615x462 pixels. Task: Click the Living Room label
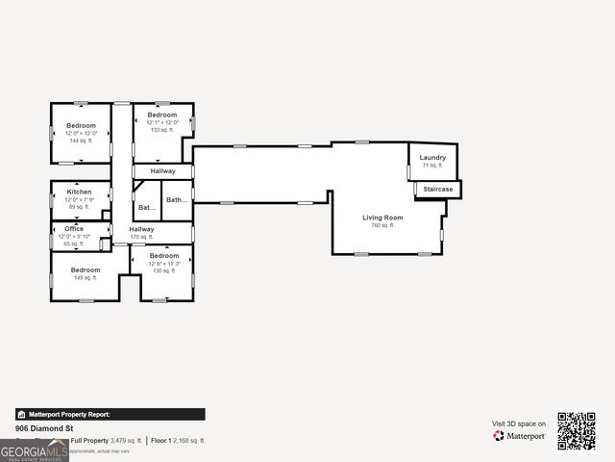382,218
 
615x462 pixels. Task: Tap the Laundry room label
432,157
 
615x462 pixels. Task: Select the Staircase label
437,190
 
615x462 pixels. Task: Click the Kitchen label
79,192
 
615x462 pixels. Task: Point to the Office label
74,228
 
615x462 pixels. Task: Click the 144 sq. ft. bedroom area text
81,141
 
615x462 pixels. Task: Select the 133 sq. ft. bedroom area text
162,130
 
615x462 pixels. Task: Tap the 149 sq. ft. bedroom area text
85,278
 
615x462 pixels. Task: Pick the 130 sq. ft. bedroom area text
164,270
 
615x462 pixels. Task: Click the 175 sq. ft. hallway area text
141,237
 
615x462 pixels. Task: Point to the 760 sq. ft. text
382,225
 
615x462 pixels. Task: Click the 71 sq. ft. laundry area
432,166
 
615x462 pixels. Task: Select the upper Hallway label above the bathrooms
162,171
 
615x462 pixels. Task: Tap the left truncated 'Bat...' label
146,208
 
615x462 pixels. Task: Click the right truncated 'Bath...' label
177,200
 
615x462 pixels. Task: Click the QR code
577,430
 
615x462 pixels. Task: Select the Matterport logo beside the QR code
520,436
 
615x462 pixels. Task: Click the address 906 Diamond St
44,428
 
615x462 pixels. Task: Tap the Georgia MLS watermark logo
35,450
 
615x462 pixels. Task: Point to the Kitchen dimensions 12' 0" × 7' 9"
79,199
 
